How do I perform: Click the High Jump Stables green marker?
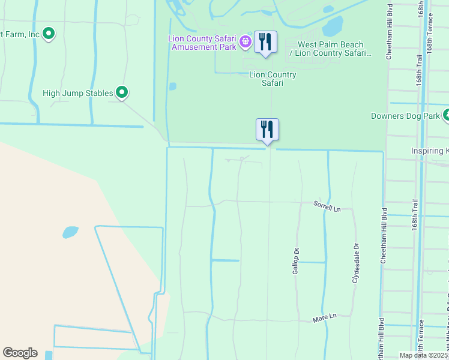(x=122, y=92)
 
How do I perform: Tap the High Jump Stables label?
(x=78, y=93)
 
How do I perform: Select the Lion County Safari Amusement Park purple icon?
(x=245, y=41)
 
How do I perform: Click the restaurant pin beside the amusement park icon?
(x=265, y=42)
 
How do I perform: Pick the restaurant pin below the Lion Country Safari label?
(x=267, y=130)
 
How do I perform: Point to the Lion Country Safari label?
(x=273, y=79)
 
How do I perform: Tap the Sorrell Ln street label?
(x=327, y=206)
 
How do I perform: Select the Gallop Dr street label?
(x=296, y=261)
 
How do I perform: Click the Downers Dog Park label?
(x=405, y=116)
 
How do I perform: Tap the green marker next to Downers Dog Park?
(x=446, y=115)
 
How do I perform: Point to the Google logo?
(x=20, y=353)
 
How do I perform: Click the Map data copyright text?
(x=423, y=355)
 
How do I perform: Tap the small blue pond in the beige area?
(x=70, y=232)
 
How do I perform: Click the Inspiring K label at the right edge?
(x=429, y=151)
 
